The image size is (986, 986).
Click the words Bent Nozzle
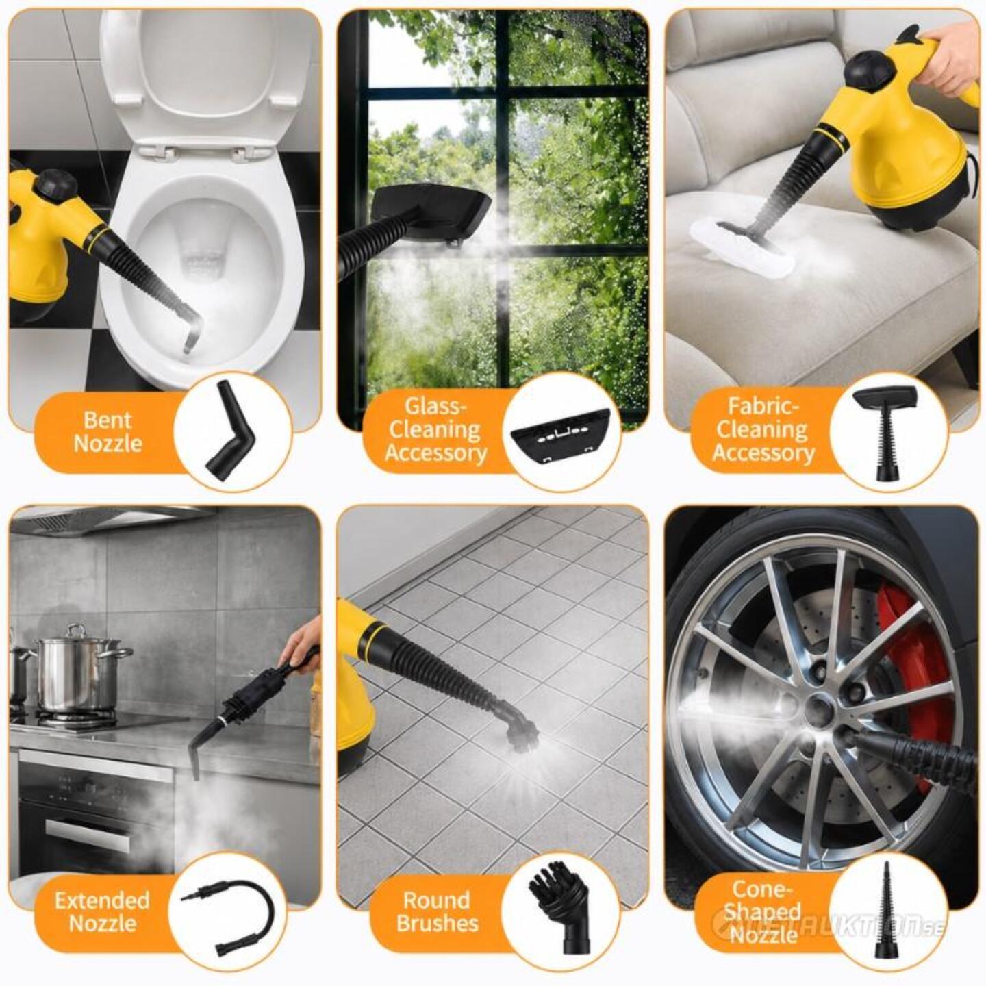tap(108, 432)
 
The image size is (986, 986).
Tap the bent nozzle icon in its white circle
tap(232, 431)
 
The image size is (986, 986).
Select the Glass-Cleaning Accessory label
tap(435, 430)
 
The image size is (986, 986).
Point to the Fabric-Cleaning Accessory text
tap(763, 430)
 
